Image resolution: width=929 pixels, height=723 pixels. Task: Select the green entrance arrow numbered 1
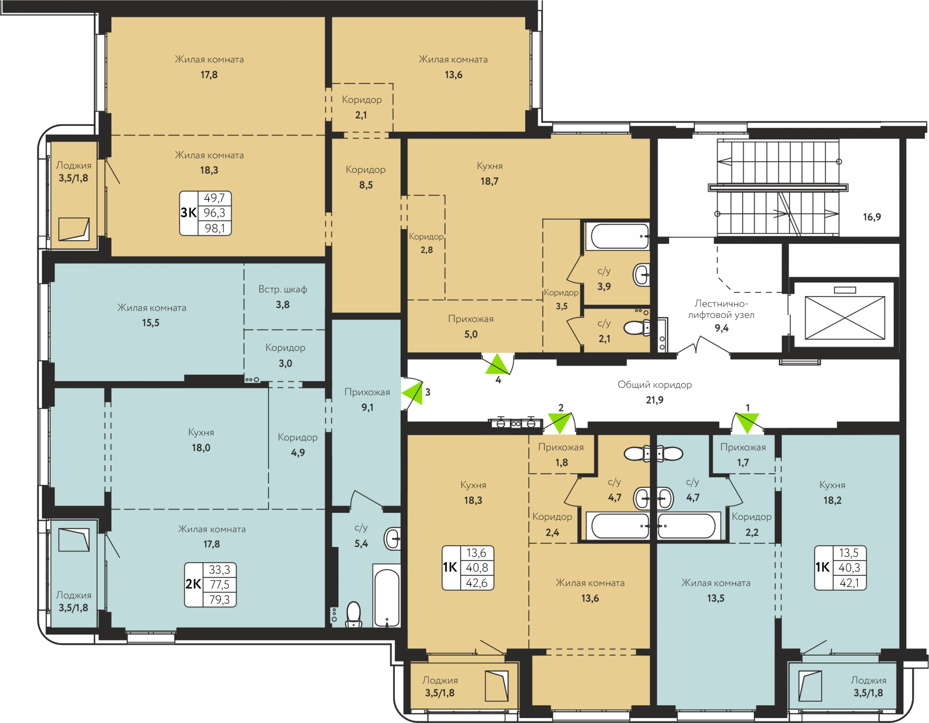pyautogui.click(x=747, y=422)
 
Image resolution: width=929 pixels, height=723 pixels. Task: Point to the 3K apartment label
pyautogui.click(x=188, y=212)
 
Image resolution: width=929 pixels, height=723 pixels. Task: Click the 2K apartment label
pyautogui.click(x=193, y=584)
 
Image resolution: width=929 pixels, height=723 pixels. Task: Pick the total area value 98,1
pyautogui.click(x=214, y=228)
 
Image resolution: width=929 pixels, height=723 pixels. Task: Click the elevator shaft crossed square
pyautogui.click(x=845, y=318)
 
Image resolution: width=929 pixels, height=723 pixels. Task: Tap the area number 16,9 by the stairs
pyautogui.click(x=872, y=217)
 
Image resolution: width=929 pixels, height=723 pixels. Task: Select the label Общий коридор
pyautogui.click(x=655, y=385)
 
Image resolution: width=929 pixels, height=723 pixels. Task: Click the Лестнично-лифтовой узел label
pyautogui.click(x=721, y=309)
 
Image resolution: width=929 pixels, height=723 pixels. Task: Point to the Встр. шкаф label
pyautogui.click(x=283, y=289)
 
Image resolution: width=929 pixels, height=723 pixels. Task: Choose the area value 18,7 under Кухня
pyautogui.click(x=489, y=181)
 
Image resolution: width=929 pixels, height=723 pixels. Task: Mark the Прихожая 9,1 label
pyautogui.click(x=367, y=399)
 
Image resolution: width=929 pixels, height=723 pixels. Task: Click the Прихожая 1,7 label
pyautogui.click(x=743, y=454)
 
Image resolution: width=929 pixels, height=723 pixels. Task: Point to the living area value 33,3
pyautogui.click(x=219, y=570)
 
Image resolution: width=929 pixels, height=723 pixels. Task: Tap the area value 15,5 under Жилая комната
pyautogui.click(x=150, y=323)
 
